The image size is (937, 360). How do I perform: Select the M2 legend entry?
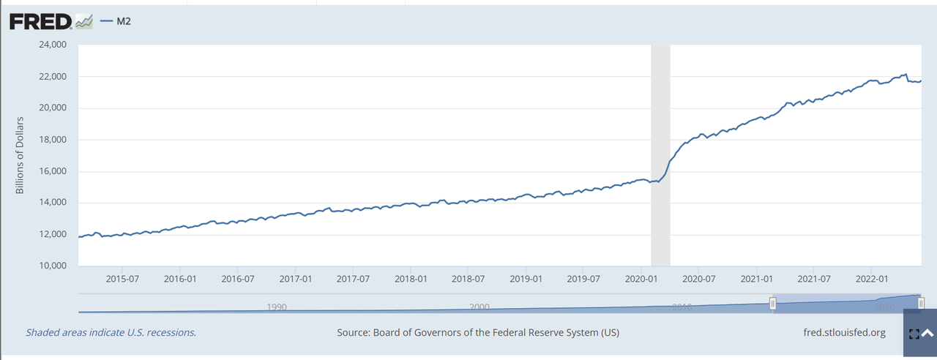coord(118,21)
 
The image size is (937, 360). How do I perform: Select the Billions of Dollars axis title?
coord(20,154)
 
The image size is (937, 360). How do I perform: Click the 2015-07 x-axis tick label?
coord(122,279)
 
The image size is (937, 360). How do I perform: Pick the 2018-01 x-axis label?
coord(411,279)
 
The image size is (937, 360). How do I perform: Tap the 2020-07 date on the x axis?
coord(699,279)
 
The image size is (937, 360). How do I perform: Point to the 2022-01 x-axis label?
coord(872,279)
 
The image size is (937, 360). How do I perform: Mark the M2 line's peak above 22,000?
coord(906,74)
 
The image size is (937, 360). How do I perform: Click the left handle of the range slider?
coord(772,304)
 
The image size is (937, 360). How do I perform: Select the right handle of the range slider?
coord(921,304)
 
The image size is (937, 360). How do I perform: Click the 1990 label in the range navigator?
coord(276,307)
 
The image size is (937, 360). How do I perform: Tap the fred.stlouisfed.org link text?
coord(844,333)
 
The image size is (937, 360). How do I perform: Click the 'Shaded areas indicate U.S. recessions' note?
coord(111,333)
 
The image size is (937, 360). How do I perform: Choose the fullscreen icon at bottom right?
coord(913,334)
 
